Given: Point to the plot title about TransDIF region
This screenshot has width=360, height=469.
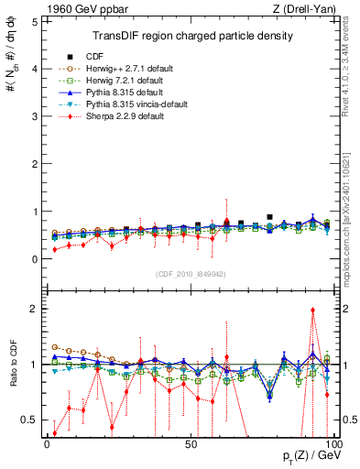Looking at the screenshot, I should (186, 36).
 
